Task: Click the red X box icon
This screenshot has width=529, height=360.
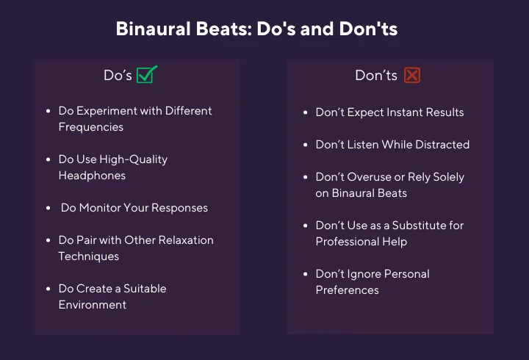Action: point(412,75)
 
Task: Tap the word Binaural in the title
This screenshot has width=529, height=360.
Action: point(153,29)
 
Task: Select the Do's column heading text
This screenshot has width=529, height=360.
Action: point(118,75)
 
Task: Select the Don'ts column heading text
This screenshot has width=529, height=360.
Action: point(376,75)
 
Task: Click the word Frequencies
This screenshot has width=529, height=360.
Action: point(91,127)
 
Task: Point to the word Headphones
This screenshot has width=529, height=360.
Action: point(92,176)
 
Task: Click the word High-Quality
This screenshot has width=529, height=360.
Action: point(133,159)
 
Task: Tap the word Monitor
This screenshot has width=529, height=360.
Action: point(99,208)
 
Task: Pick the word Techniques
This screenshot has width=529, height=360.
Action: point(88,256)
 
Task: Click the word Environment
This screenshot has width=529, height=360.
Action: point(93,305)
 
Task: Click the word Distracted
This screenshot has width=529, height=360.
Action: point(442,145)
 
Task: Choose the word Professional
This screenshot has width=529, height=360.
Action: point(348,242)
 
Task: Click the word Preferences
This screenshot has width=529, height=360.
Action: point(347,290)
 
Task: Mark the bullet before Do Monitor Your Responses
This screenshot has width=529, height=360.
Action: point(48,208)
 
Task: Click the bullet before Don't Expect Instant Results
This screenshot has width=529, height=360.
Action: point(306,112)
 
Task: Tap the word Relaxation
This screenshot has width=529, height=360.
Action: point(186,240)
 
